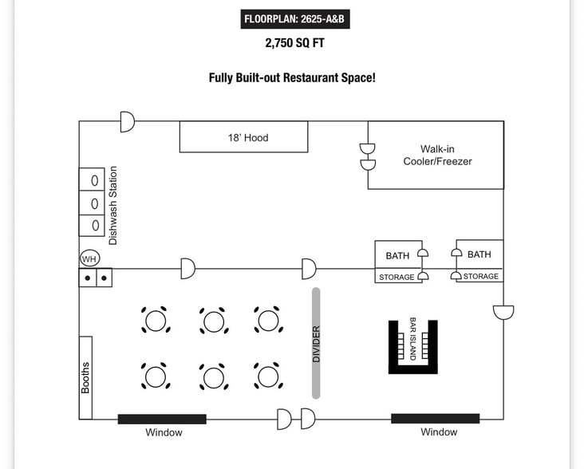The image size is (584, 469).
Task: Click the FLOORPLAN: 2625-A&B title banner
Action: [x=295, y=19]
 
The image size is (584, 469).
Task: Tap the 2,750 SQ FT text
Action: [x=294, y=43]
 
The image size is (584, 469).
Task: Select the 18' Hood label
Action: [x=248, y=138]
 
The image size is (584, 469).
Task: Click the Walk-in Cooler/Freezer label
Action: [x=438, y=156]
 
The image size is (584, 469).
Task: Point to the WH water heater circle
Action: [x=90, y=258]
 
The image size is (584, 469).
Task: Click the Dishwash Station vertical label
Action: [x=112, y=206]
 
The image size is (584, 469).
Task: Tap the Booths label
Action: [x=85, y=377]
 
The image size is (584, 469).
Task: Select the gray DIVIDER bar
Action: [x=316, y=343]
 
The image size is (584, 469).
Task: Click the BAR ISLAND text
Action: [x=412, y=338]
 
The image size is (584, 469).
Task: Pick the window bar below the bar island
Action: [x=435, y=419]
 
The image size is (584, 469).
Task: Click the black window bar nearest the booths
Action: [x=162, y=419]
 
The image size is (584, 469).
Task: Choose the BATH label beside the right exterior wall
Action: [x=479, y=254]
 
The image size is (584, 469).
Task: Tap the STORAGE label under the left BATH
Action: [x=397, y=277]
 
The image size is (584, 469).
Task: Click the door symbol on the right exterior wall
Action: [x=503, y=312]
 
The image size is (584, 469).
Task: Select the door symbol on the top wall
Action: [x=128, y=121]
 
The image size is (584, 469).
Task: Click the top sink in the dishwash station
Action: [x=94, y=180]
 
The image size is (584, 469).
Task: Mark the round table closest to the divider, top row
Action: [x=269, y=320]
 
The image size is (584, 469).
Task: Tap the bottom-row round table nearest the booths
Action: [x=156, y=376]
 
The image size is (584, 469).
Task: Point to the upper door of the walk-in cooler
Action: [x=368, y=148]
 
